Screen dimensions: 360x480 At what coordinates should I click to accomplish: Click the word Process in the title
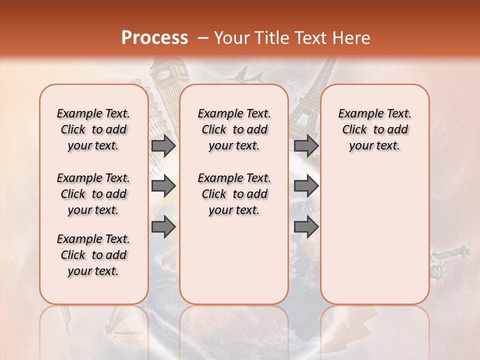tap(154, 38)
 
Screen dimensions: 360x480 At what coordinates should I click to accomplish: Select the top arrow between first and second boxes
tap(163, 145)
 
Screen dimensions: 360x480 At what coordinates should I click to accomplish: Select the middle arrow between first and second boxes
tap(163, 186)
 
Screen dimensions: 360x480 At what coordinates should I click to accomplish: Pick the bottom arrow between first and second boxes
tap(163, 227)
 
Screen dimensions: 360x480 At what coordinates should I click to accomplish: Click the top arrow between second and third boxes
tap(306, 145)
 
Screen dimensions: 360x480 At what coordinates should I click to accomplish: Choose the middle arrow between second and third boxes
tap(306, 186)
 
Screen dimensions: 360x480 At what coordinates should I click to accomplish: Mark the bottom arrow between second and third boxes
tap(306, 227)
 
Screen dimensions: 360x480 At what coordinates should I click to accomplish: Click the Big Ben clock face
tap(163, 74)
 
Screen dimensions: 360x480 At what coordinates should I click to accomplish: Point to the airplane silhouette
tap(244, 76)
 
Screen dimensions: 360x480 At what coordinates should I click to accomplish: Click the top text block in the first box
tap(93, 129)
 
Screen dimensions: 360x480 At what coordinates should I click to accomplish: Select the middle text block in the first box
tap(93, 194)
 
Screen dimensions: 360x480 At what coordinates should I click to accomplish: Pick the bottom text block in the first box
tap(93, 255)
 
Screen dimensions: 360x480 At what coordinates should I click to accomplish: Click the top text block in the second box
tap(234, 129)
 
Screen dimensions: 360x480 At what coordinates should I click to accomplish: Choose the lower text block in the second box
tap(234, 194)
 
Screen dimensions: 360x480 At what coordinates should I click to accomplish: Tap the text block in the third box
tap(374, 129)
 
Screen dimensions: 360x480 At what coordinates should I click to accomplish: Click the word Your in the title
tap(231, 38)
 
